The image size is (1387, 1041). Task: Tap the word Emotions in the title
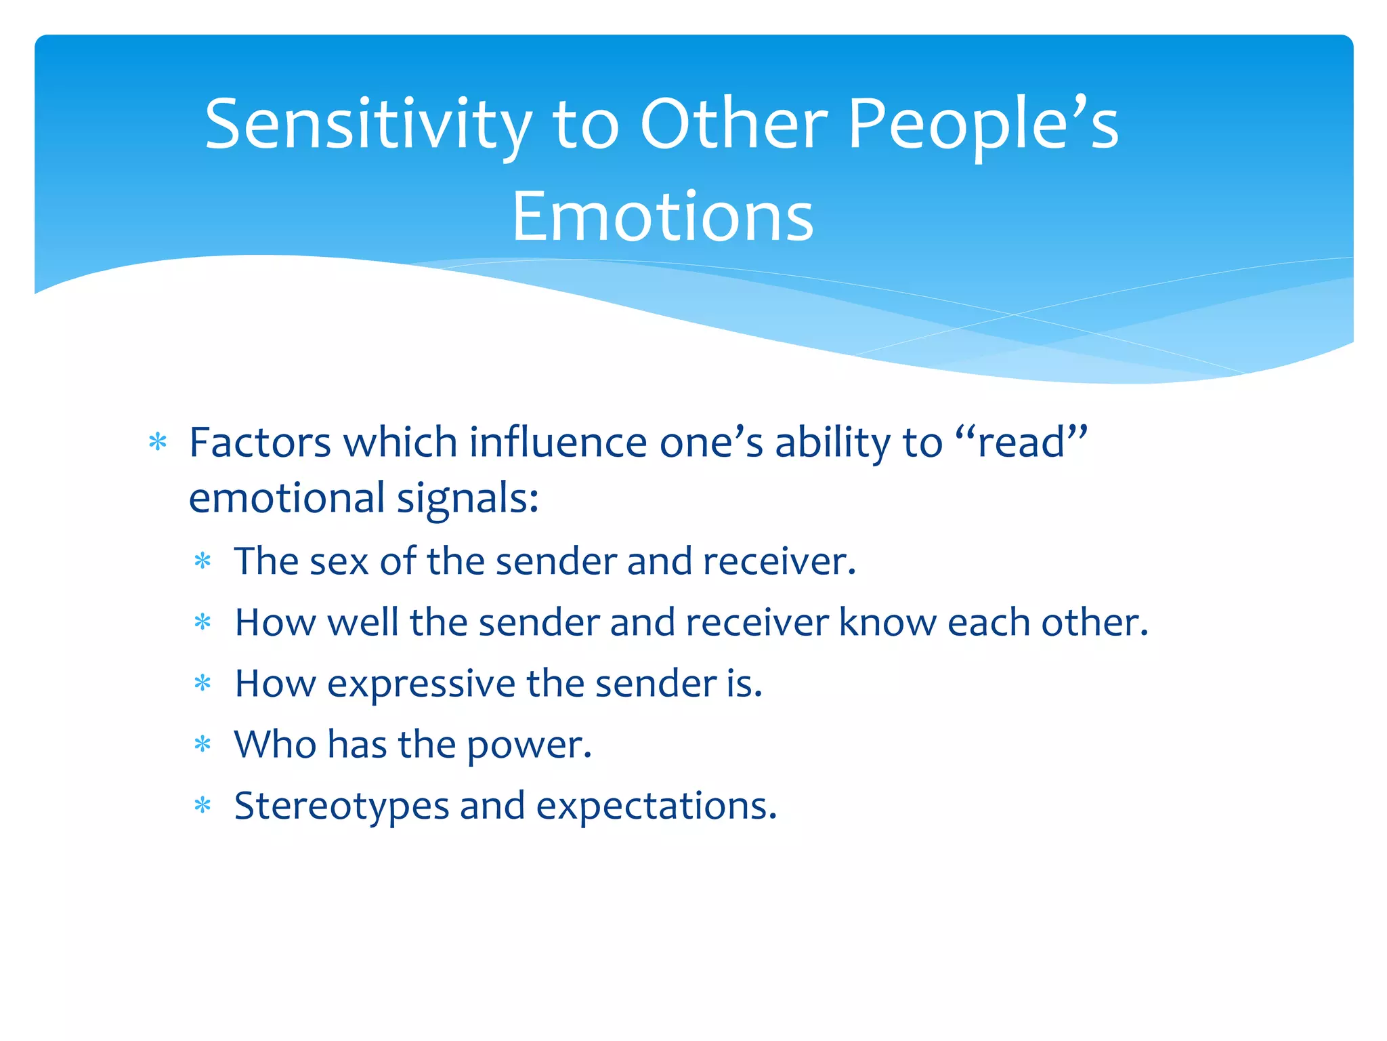(662, 217)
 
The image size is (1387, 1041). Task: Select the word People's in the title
(983, 125)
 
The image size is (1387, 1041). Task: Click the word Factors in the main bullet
(260, 443)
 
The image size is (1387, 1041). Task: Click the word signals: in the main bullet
(467, 498)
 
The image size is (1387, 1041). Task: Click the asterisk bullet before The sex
(202, 561)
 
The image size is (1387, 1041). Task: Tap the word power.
(529, 745)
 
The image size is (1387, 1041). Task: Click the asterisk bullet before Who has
(202, 745)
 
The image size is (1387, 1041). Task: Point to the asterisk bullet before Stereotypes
(202, 806)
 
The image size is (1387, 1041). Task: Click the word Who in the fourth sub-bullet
(275, 744)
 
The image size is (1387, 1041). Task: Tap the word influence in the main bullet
(558, 443)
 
